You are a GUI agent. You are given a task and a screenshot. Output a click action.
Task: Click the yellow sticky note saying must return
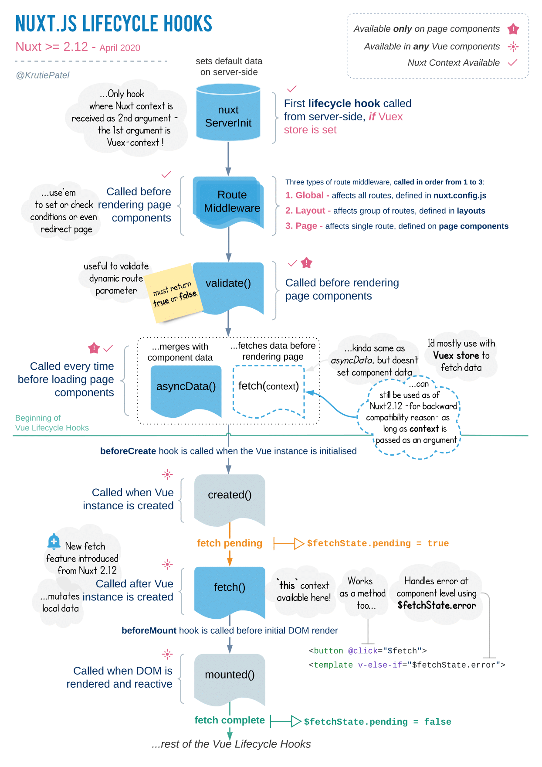coord(174,293)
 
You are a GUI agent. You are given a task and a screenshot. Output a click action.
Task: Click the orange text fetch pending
coord(230,543)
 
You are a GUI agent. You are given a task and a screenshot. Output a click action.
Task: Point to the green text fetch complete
coord(230,720)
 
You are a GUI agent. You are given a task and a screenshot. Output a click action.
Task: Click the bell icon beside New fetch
coord(54,541)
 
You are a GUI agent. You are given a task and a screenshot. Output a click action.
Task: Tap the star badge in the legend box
coord(513,29)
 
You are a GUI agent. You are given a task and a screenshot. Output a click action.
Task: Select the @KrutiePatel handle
coord(43,75)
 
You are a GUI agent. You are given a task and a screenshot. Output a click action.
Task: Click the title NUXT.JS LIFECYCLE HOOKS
coord(114,24)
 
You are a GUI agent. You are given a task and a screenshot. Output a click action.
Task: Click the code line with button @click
coord(367,651)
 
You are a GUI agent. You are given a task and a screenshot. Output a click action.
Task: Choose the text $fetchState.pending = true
coord(377,544)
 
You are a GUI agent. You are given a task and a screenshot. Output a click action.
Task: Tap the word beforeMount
coord(149,631)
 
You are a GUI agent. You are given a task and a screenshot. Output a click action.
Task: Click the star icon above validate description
coord(307,263)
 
